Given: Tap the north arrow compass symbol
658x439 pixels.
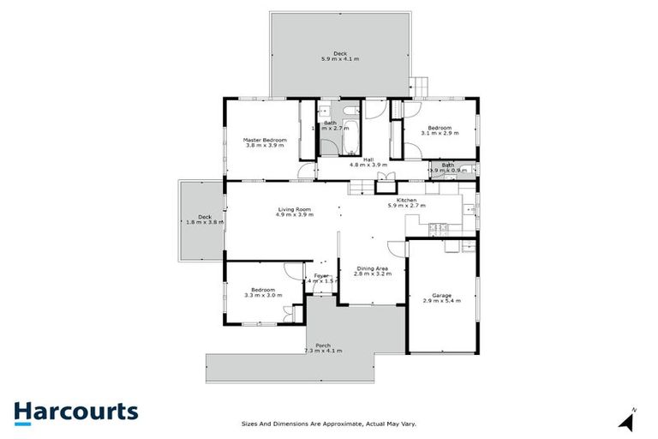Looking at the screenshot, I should coord(630,421).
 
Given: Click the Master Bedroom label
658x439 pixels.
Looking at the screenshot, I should coord(264,142).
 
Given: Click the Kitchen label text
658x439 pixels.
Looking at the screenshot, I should coord(407,201).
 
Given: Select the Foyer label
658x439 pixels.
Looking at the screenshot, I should coord(321,275).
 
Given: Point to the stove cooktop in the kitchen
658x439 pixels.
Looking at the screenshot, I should coord(438,226).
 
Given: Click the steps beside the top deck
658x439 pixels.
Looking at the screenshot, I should coord(417,87).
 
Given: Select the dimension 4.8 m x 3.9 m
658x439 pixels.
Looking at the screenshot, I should coord(368,164).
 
